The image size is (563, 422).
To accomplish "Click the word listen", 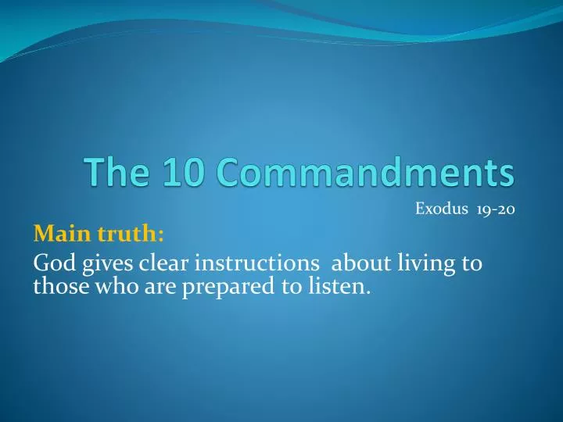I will click(x=337, y=288).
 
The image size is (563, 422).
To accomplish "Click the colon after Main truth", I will click(x=160, y=235).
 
